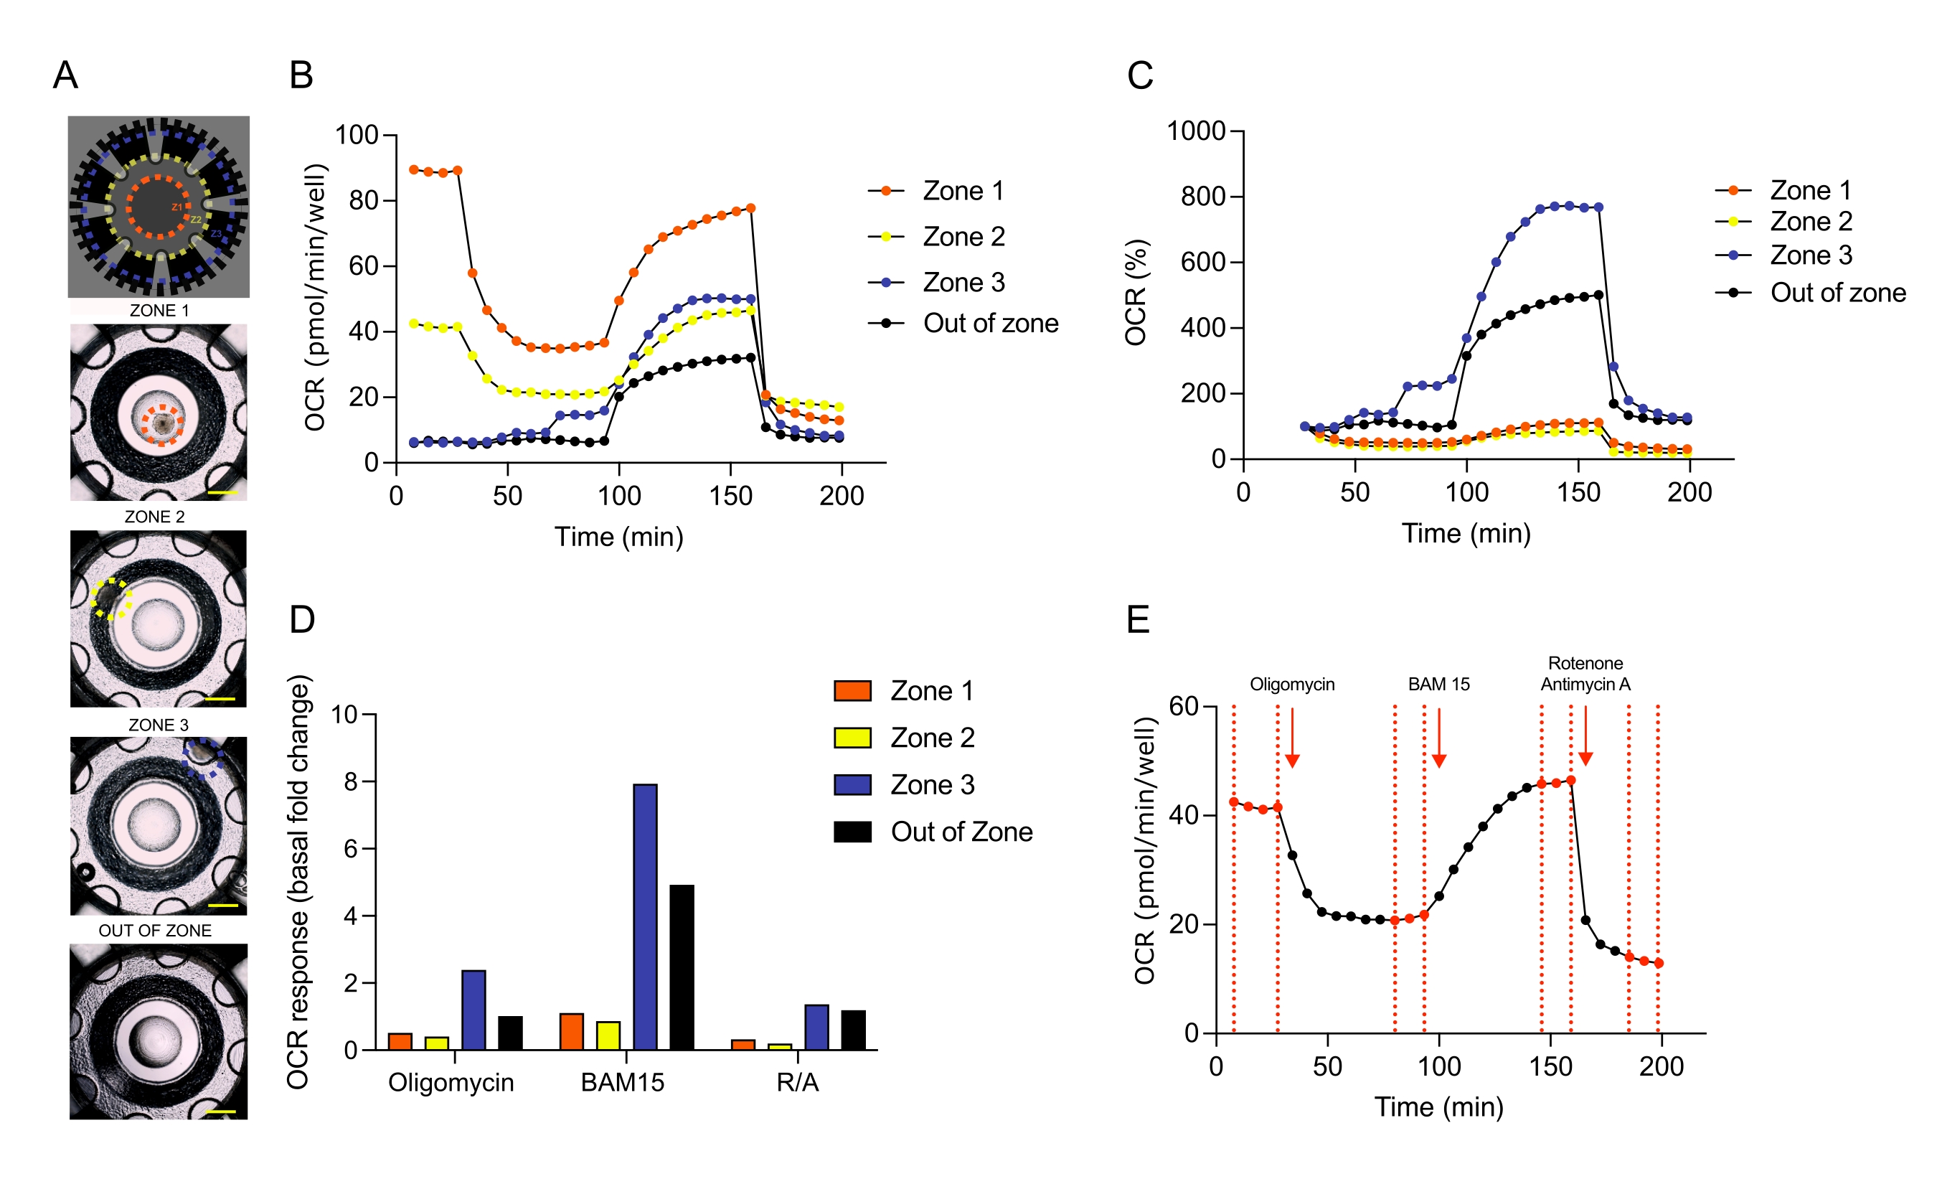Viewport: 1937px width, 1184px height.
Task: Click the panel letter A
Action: (65, 75)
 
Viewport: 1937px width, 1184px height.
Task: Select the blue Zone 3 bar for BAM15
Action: (645, 916)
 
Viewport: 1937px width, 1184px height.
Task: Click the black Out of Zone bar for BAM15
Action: (682, 967)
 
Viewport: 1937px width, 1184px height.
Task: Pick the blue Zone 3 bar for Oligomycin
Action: (473, 1010)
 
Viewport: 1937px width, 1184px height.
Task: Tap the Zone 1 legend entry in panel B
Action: (962, 191)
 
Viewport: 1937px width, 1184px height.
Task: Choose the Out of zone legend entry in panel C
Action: (1837, 293)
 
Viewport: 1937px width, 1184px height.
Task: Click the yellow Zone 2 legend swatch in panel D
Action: (852, 738)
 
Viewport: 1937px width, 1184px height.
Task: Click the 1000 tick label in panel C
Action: (1196, 131)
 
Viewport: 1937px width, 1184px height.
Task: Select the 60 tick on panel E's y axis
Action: (1183, 706)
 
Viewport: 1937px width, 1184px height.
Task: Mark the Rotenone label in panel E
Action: (1585, 664)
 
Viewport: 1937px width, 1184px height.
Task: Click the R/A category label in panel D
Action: (797, 1083)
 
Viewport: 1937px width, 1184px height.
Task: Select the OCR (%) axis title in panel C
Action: (1135, 293)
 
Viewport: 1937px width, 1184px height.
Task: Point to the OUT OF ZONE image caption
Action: (155, 931)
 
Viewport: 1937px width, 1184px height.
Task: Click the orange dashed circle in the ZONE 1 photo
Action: (162, 426)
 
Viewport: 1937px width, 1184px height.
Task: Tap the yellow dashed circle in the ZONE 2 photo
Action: (110, 599)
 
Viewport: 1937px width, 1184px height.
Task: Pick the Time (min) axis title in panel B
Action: (618, 537)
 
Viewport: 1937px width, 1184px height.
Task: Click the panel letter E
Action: (1138, 619)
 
